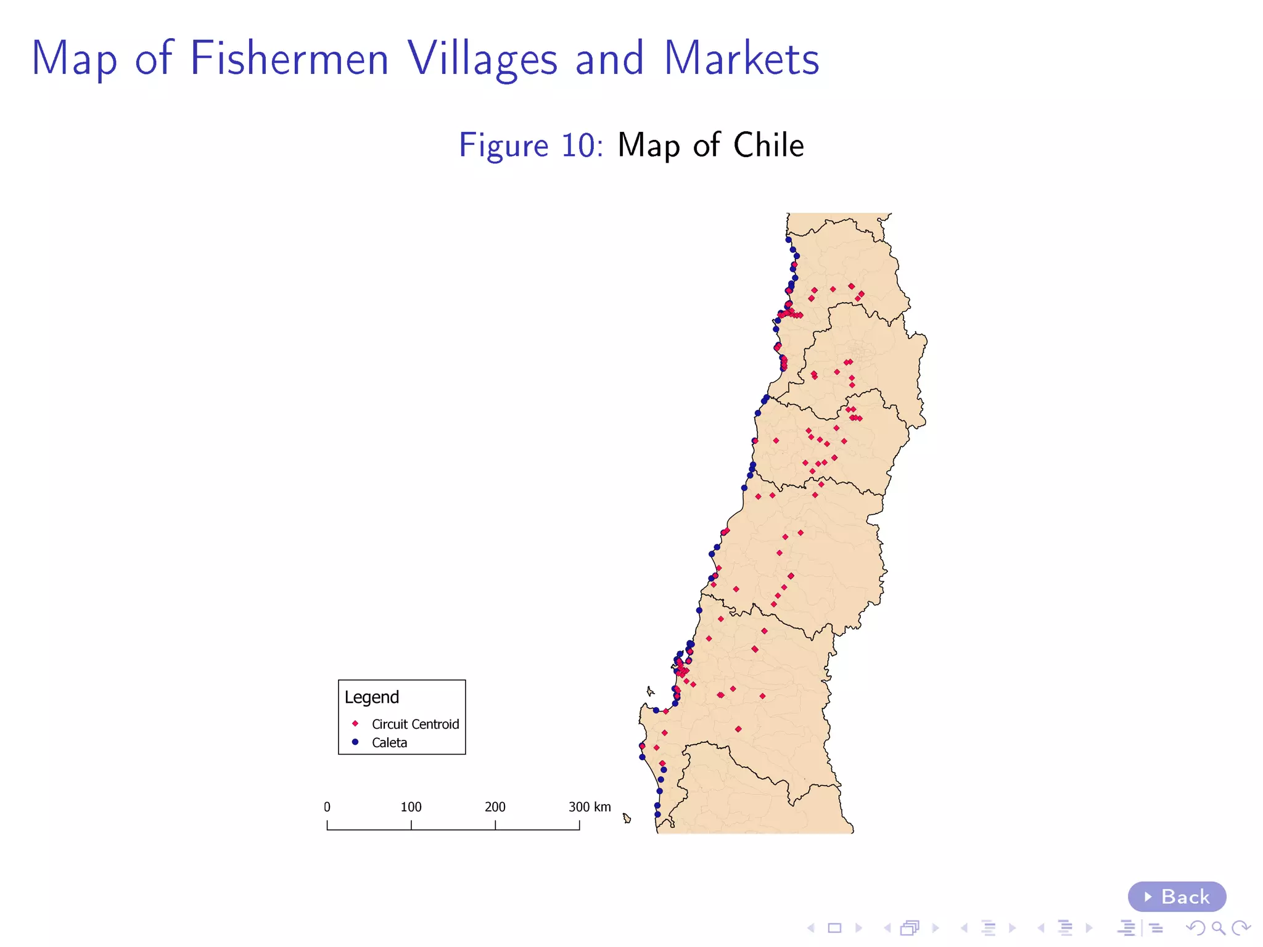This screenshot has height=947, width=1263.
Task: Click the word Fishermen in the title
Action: coord(289,59)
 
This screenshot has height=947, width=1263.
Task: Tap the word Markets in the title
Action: coord(741,59)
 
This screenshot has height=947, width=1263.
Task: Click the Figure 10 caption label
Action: coord(530,146)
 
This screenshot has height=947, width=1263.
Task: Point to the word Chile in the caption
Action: coord(768,146)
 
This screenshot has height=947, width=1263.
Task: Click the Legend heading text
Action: coord(372,697)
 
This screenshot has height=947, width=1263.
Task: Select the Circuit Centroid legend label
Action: coord(415,724)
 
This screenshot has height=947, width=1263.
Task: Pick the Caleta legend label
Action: coord(389,742)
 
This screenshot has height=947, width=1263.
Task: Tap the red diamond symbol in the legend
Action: coord(355,723)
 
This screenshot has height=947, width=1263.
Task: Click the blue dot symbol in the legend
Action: coord(355,742)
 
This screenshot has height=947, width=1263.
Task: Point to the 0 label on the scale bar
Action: coord(327,807)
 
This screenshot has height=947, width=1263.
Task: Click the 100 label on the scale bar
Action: coord(411,807)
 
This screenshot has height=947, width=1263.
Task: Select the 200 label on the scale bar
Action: coord(495,807)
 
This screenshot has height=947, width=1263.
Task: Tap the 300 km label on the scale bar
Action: coord(590,807)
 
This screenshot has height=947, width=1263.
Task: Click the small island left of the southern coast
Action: coord(627,818)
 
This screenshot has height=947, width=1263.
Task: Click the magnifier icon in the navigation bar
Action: coord(1218,928)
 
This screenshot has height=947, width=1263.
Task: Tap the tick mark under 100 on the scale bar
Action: coord(411,825)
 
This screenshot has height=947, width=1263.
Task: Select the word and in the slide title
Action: coord(609,59)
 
